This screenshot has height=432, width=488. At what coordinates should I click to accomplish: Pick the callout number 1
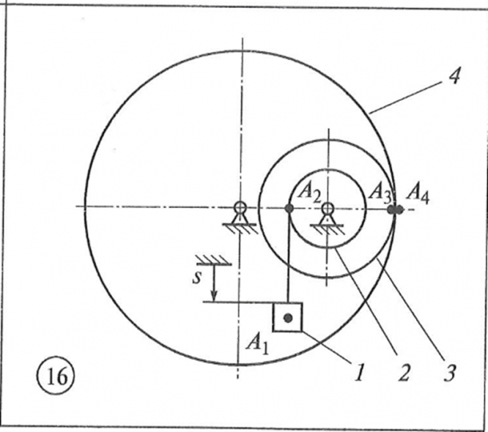tap(359, 373)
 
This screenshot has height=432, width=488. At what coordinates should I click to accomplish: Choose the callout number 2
tap(402, 373)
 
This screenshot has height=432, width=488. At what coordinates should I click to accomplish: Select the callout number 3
tap(449, 373)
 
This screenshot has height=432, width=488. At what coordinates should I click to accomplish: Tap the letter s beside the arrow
tap(199, 280)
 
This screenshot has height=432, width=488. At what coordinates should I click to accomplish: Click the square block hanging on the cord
tap(287, 317)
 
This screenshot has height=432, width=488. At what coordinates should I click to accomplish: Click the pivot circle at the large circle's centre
tap(239, 208)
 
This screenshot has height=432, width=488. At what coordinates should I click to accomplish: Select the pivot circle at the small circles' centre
tap(327, 208)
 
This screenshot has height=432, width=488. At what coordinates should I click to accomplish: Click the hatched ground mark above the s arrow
tap(213, 259)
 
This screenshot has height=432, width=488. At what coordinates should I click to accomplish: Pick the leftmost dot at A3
tap(392, 209)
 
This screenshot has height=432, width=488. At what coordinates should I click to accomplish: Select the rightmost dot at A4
tap(400, 209)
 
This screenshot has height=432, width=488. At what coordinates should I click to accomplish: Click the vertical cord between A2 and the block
tap(289, 256)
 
